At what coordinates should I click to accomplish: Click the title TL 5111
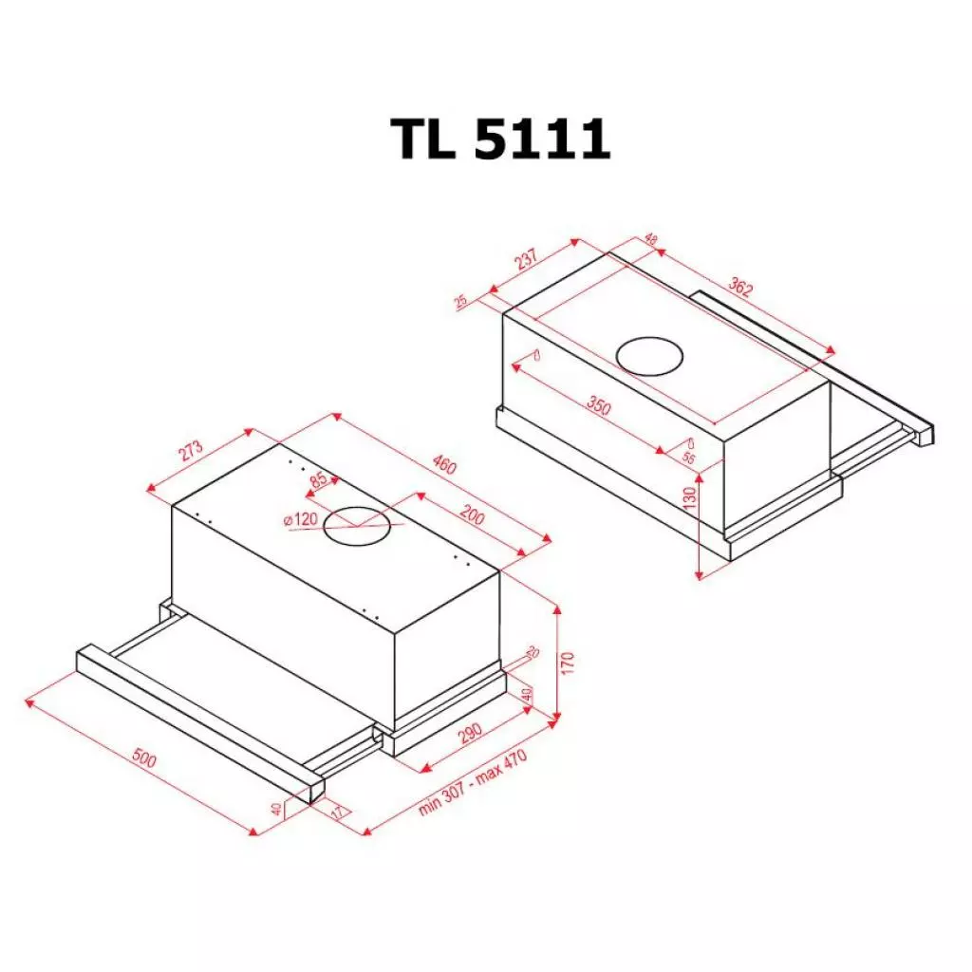click(x=500, y=140)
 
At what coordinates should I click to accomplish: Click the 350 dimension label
click(x=598, y=406)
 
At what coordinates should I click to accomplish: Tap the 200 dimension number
click(x=472, y=517)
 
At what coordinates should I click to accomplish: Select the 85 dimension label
click(x=318, y=480)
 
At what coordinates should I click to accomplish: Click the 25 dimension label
click(x=461, y=302)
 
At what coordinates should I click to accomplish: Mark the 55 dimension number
click(x=688, y=458)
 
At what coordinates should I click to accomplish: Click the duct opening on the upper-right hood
click(x=649, y=357)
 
